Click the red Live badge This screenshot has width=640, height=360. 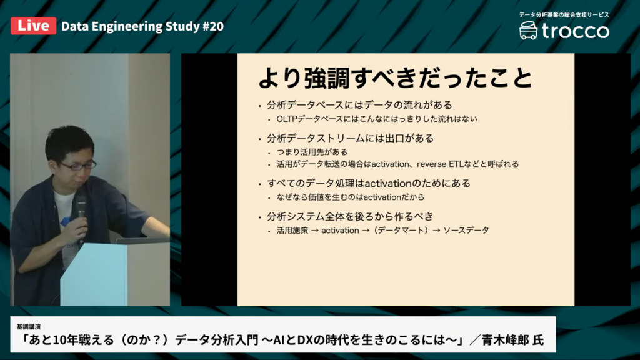(x=34, y=26)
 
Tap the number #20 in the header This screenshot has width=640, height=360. (x=213, y=26)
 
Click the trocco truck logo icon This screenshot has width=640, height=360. (x=528, y=31)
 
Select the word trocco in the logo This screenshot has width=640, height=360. (x=576, y=31)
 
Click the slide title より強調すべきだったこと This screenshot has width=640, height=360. (x=396, y=77)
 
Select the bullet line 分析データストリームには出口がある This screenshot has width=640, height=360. (x=350, y=138)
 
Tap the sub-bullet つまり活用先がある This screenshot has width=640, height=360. (x=312, y=152)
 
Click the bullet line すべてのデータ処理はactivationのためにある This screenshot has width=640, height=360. (x=369, y=183)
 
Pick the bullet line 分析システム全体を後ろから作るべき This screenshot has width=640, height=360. (x=350, y=216)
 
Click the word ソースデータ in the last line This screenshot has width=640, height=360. (x=466, y=231)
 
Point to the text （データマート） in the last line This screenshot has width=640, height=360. (x=401, y=231)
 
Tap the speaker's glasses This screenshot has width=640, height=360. (x=77, y=165)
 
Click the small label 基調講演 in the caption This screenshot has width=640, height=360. (x=29, y=327)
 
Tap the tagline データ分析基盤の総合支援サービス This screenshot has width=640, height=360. (x=564, y=15)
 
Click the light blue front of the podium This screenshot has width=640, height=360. (x=94, y=274)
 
